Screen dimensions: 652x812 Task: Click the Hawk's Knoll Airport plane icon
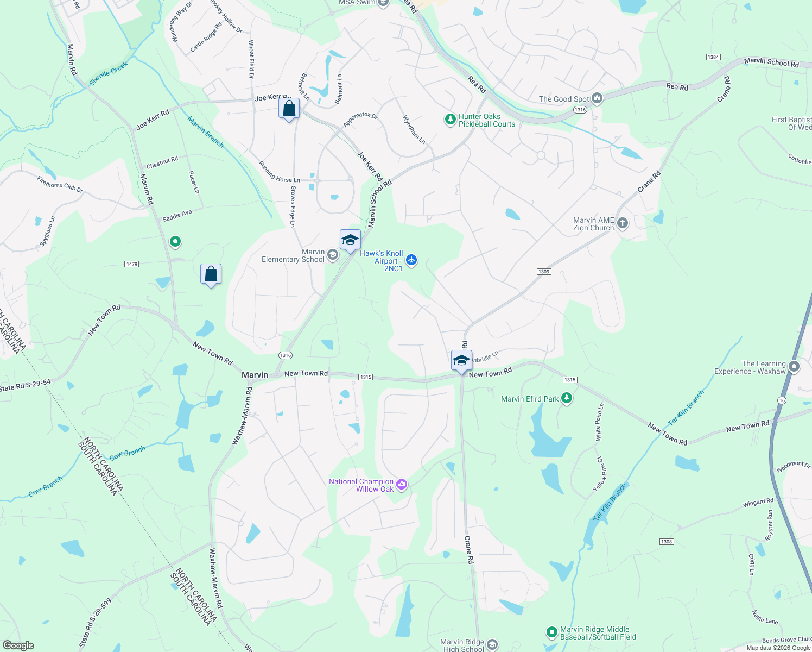click(411, 260)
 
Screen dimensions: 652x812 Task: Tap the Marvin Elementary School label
click(293, 256)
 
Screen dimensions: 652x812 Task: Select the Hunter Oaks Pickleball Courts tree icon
click(450, 119)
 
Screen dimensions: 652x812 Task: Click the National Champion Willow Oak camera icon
click(402, 485)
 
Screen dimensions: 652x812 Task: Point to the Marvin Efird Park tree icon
click(567, 398)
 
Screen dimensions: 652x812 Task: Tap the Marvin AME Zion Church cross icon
click(623, 223)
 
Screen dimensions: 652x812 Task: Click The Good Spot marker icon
click(597, 98)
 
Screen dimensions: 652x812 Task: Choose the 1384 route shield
click(713, 57)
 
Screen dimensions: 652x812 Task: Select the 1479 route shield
click(132, 264)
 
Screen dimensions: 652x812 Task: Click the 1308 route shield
click(667, 542)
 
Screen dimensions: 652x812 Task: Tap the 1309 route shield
click(544, 272)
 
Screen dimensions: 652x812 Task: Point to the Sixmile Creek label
click(109, 73)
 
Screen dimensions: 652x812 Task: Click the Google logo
click(18, 645)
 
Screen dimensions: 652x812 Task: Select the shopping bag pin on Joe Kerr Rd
click(289, 108)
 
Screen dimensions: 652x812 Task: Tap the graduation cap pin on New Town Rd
click(461, 361)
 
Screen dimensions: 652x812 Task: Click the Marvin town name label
click(255, 375)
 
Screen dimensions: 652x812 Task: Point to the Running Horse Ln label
click(279, 172)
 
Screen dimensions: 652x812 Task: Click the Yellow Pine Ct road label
click(600, 474)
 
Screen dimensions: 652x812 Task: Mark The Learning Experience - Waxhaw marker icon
click(794, 367)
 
